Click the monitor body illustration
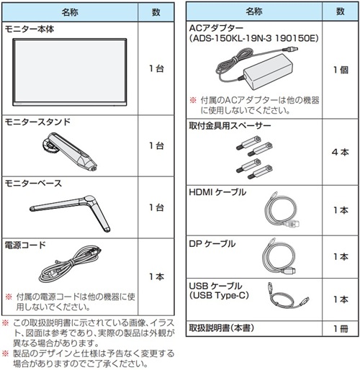(x=70, y=72)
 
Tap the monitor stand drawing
(x=70, y=151)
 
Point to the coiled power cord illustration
(x=70, y=264)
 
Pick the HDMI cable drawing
(x=282, y=209)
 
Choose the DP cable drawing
(x=279, y=256)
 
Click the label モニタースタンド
(x=37, y=122)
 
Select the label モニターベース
(x=33, y=184)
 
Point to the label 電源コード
(x=25, y=245)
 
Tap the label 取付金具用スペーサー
(x=230, y=125)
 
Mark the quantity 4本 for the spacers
(x=341, y=152)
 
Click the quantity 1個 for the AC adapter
(x=341, y=70)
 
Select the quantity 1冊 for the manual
(x=341, y=328)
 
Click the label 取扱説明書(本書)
(x=221, y=328)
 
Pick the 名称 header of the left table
(x=70, y=12)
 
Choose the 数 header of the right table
(x=341, y=12)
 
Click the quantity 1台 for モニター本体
(x=156, y=68)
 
